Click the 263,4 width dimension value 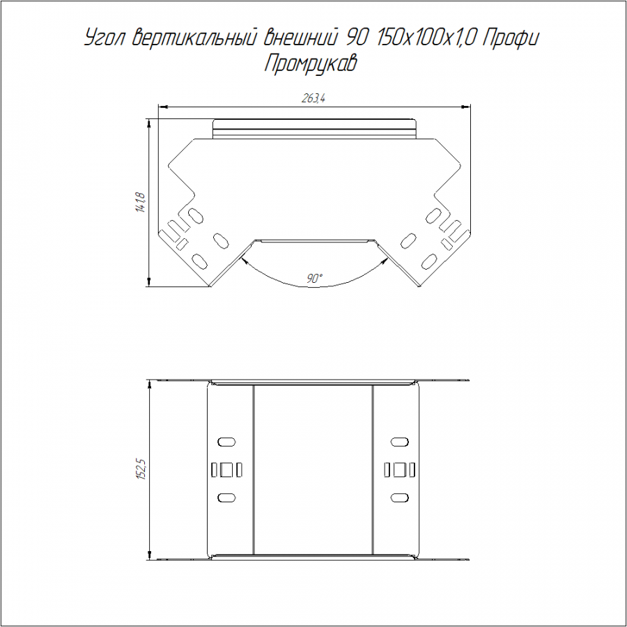(313, 98)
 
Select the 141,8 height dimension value (140, 202)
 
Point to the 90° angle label (315, 278)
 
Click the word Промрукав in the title (310, 64)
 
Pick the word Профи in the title (511, 39)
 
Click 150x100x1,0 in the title (424, 38)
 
